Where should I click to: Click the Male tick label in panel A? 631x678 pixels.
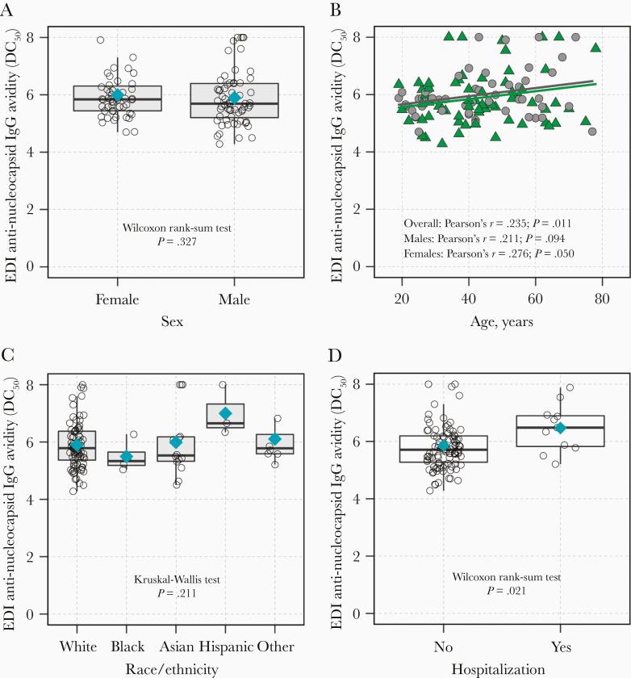(235, 299)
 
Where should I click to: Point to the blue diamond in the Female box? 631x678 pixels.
(117, 95)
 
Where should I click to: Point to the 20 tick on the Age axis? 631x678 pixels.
(402, 299)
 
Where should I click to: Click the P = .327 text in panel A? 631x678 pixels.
(175, 241)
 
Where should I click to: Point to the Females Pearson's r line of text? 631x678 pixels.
(488, 255)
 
